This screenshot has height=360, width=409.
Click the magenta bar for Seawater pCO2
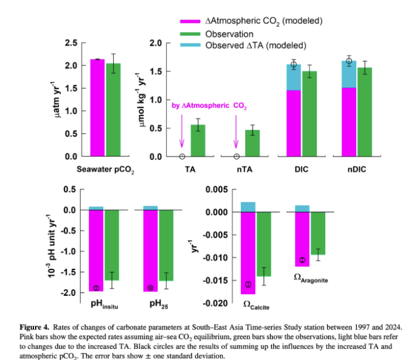tap(97, 108)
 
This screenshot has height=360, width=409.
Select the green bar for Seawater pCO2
tap(113, 111)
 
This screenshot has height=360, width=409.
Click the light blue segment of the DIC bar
tap(293, 77)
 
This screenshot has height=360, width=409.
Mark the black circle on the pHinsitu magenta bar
tap(96, 288)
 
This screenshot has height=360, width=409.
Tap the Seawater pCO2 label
tap(105, 170)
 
